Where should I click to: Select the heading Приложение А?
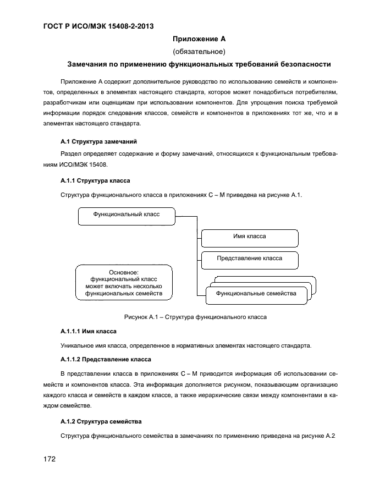(x=199, y=39)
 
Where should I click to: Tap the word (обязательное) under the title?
(x=199, y=52)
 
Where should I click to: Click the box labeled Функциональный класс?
(x=127, y=215)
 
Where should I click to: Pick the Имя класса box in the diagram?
(x=249, y=237)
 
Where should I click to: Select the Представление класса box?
(x=249, y=258)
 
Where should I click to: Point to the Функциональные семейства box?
(x=256, y=294)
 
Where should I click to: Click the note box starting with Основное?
(x=124, y=283)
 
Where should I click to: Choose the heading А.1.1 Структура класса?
(x=95, y=180)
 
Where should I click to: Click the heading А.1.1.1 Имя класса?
(x=88, y=332)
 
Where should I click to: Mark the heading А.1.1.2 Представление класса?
(x=105, y=360)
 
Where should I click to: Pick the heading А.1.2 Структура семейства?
(x=101, y=422)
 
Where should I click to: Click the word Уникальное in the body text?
(x=76, y=346)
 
